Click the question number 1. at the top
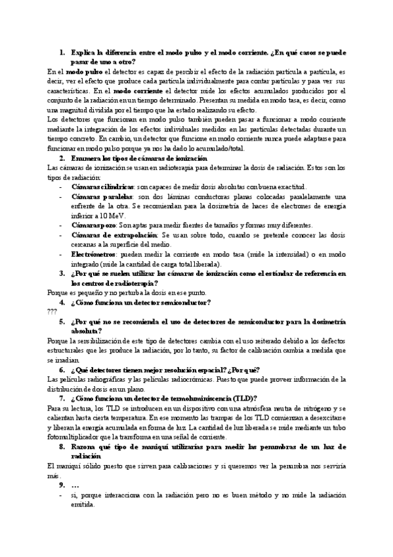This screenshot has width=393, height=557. pyautogui.click(x=62, y=52)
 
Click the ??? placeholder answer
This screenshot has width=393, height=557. pyautogui.click(x=53, y=312)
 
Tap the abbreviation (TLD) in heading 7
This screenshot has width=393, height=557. pyautogui.click(x=247, y=398)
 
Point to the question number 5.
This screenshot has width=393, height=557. pyautogui.click(x=62, y=322)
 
